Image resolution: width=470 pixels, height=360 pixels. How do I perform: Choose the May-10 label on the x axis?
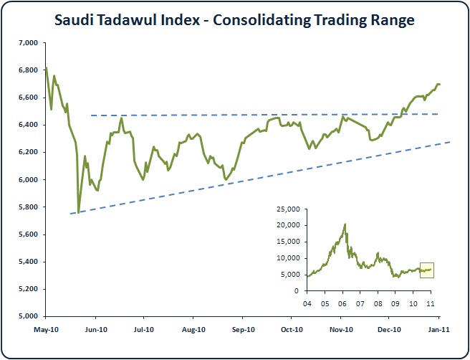tap(46, 330)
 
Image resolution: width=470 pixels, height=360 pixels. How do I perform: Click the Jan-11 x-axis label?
tap(438, 330)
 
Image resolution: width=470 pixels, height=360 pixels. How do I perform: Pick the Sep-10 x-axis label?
tap(243, 330)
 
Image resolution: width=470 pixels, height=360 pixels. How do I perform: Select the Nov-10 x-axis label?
tap(341, 330)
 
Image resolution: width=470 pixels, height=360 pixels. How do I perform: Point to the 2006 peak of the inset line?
tap(345, 224)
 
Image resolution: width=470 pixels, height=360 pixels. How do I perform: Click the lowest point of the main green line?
tap(79, 211)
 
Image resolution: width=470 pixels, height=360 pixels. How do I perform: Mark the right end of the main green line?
tap(440, 85)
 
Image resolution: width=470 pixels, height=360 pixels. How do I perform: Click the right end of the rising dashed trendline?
tap(450, 142)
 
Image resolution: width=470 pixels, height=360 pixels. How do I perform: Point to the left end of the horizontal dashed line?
tap(91, 115)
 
